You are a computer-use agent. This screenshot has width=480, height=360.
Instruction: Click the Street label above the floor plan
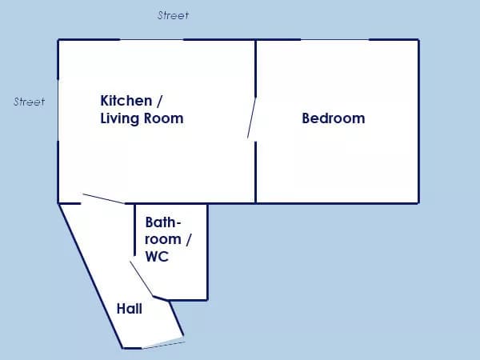(x=173, y=15)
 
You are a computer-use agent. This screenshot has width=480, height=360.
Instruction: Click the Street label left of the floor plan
(x=29, y=102)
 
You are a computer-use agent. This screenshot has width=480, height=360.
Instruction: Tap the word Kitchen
(x=126, y=101)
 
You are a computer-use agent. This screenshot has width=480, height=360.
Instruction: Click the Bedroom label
(x=334, y=118)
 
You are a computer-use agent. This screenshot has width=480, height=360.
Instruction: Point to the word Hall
(x=129, y=309)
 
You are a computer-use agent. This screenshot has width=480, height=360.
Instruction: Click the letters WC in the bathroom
(x=157, y=257)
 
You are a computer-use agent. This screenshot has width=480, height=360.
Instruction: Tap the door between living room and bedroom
(x=252, y=118)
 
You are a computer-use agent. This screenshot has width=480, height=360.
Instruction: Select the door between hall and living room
(x=103, y=198)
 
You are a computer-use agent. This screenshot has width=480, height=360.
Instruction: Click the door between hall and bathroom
(x=142, y=278)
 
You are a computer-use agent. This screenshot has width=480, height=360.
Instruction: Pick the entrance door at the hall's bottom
(x=163, y=345)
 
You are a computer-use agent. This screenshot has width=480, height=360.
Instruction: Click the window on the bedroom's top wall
(x=334, y=39)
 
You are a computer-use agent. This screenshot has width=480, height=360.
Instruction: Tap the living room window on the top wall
(x=151, y=39)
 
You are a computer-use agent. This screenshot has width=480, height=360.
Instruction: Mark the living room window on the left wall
(x=58, y=110)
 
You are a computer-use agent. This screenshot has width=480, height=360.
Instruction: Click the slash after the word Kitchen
(x=159, y=101)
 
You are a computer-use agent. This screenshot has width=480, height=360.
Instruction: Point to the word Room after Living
(x=164, y=118)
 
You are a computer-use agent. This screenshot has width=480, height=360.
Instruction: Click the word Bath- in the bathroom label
(x=163, y=222)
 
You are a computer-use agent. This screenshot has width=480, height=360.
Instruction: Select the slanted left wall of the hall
(x=91, y=275)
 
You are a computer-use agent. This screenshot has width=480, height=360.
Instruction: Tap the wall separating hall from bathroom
(x=134, y=230)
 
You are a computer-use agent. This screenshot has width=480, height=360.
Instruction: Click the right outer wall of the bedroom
(x=418, y=122)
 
